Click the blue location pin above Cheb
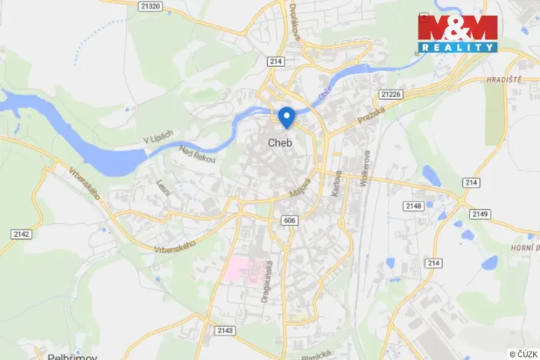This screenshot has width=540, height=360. [x=286, y=117]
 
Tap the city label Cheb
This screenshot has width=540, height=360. [x=279, y=142]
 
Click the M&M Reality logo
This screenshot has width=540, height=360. [x=457, y=33]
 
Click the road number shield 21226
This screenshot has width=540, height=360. [x=391, y=94]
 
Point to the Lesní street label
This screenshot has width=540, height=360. [x=162, y=186]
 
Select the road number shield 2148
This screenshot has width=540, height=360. [x=414, y=205]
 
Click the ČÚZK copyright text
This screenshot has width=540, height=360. [x=523, y=354]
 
